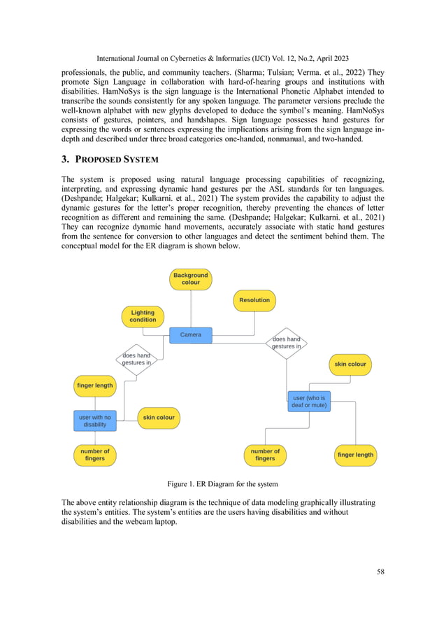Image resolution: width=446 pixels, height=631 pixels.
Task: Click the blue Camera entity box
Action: (191, 335)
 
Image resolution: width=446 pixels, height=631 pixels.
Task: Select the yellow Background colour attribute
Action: (191, 279)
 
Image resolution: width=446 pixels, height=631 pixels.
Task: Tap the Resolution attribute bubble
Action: (254, 300)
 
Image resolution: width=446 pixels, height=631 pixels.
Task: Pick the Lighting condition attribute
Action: (143, 316)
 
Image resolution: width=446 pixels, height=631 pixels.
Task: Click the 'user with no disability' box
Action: (95, 420)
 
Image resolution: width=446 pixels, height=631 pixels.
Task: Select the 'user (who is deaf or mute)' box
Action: (309, 402)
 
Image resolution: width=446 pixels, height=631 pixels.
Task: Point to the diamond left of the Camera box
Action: (136, 360)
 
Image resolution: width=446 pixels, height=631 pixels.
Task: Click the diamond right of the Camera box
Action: (286, 343)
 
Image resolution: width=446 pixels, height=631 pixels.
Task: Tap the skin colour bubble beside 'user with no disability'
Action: (159, 418)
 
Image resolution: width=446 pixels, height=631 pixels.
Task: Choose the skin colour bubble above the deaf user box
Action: (350, 364)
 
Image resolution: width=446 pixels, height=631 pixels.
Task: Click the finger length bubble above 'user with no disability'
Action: (94, 385)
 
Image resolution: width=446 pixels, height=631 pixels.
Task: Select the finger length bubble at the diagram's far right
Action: (356, 455)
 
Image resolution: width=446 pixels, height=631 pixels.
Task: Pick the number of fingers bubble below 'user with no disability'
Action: (95, 455)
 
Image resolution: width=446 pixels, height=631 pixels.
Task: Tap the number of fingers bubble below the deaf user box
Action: (265, 455)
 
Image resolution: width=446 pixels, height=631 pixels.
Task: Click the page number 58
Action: (380, 572)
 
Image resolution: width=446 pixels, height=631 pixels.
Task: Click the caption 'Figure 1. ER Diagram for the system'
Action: (222, 484)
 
